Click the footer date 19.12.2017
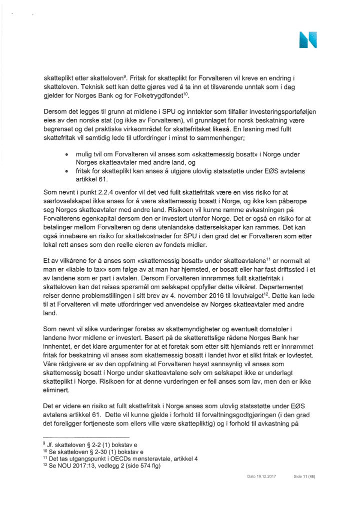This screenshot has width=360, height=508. pos(261,490)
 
